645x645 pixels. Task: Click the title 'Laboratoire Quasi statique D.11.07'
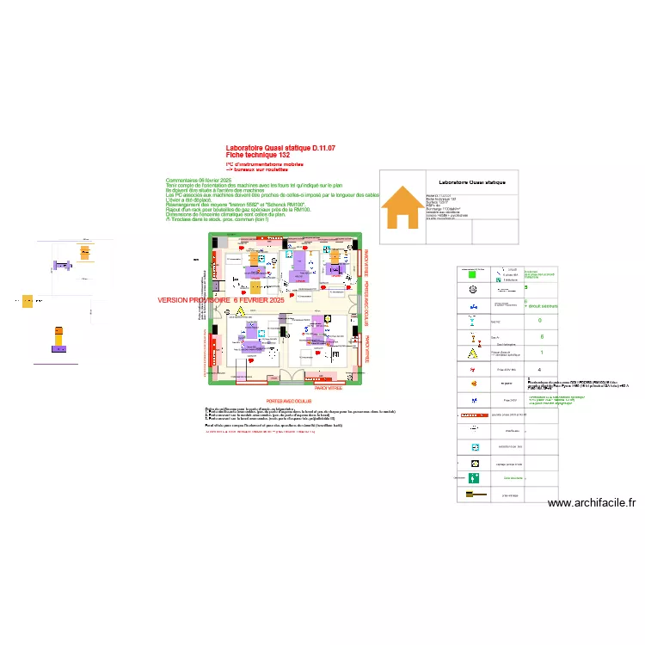tap(279, 149)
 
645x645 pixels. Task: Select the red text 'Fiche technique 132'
tap(258, 155)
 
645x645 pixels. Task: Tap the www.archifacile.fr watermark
tap(591, 504)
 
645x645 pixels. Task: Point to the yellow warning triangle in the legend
tap(472, 353)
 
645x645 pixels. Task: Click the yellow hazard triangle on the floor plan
tap(242, 310)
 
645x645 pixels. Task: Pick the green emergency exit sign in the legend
tap(472, 477)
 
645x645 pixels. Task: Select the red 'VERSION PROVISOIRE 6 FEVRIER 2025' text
tap(220, 300)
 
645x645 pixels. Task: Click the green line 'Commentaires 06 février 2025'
tap(198, 181)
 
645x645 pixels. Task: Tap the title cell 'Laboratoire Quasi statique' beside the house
tap(472, 182)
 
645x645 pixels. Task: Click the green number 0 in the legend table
tap(540, 321)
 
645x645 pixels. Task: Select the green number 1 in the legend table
tap(541, 353)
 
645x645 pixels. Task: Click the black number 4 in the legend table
tap(539, 369)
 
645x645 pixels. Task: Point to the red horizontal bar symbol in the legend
tap(472, 415)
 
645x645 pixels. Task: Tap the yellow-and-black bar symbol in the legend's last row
tap(472, 494)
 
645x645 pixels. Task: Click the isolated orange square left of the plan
tap(28, 301)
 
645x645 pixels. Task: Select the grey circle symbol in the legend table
tap(472, 288)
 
